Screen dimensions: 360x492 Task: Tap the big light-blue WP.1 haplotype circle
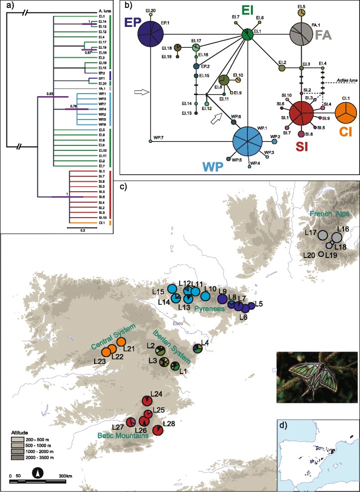247,141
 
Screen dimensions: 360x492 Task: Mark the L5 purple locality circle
251,305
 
